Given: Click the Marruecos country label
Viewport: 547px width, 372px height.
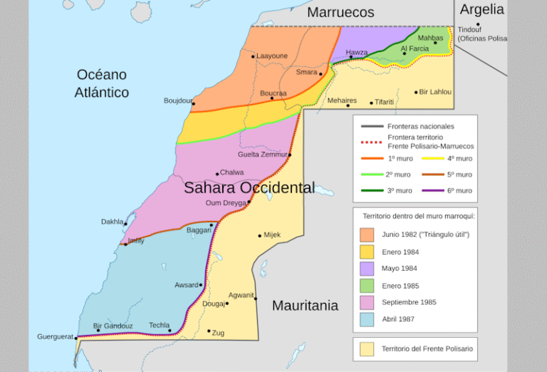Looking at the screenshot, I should tap(340, 12).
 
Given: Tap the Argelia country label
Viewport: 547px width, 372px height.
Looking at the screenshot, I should tap(481, 10).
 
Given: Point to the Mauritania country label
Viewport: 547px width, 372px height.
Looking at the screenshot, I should tap(305, 306).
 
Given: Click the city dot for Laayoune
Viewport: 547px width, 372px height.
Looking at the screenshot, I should tap(253, 56).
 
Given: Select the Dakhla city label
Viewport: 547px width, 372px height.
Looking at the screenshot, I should tap(111, 222).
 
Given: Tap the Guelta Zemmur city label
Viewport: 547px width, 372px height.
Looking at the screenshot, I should tap(262, 155).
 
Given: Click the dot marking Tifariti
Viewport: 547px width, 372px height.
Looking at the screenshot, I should tap(371, 103).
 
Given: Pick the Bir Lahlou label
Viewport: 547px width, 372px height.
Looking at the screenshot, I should tap(435, 92).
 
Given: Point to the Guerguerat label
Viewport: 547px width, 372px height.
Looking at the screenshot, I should tap(55, 336).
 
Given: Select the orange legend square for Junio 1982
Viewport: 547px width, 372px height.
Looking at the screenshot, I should tap(367, 234).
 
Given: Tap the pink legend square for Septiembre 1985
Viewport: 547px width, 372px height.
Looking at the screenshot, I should tap(367, 303).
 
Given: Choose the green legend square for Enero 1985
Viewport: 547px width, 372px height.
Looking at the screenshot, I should tap(367, 286).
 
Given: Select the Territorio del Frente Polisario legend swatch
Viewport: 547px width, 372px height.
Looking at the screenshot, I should tap(367, 349).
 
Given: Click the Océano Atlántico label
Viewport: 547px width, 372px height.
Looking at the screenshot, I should tap(102, 83).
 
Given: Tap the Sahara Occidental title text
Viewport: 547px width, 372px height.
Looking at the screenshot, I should tap(249, 188).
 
